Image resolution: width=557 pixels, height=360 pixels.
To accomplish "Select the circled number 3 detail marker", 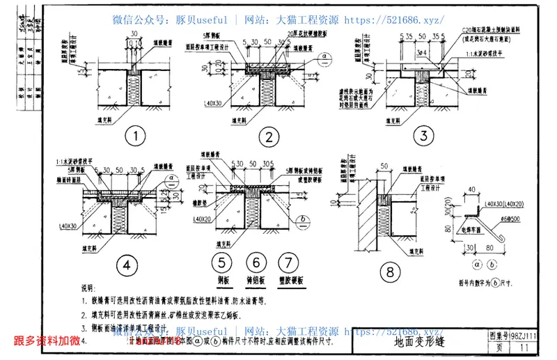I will [x=422, y=134].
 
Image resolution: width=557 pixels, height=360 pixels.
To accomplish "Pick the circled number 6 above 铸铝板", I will [x=256, y=263].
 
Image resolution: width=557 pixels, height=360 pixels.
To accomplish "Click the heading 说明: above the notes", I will [x=89, y=287].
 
